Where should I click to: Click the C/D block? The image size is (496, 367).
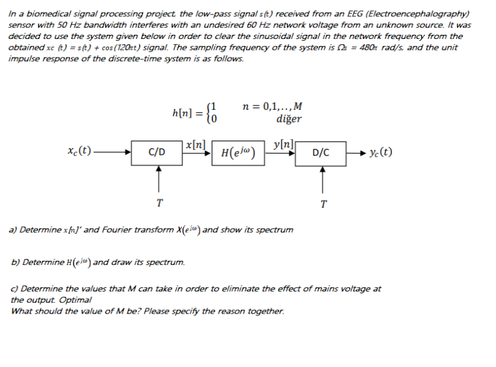157,152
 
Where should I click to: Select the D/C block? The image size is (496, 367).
320,152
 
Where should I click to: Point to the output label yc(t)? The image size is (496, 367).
380,152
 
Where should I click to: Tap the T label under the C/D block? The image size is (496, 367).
158,203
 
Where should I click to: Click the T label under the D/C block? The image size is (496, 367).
322,204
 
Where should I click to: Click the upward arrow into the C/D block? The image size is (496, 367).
158,179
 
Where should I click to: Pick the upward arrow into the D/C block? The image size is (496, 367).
322,179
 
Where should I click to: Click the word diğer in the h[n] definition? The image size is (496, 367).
288,119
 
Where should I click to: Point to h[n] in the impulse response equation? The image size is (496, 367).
182,113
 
